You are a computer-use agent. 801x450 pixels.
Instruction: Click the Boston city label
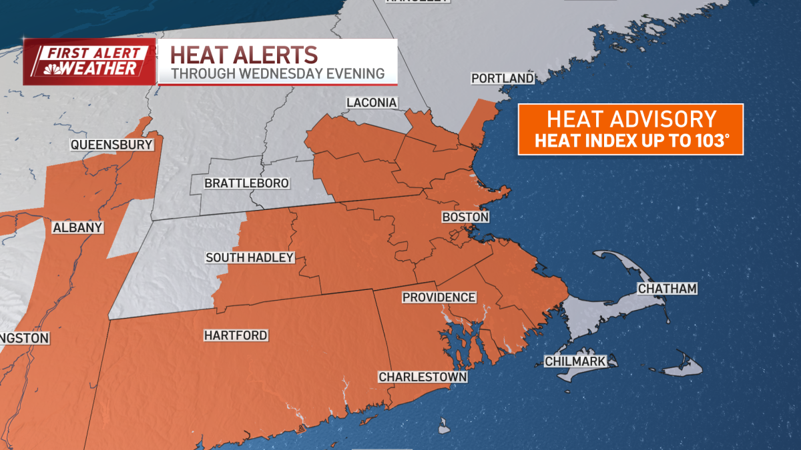tap(465, 217)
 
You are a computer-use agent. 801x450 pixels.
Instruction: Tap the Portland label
tap(502, 79)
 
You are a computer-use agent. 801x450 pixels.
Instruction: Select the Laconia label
tap(372, 103)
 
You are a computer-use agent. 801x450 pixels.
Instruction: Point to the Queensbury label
tap(112, 145)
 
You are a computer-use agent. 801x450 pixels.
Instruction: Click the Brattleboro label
tap(246, 183)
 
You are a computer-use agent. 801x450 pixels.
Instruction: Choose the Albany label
tap(77, 228)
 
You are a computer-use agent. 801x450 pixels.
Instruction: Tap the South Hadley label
tap(250, 257)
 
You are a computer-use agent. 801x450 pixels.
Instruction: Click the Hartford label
tap(236, 335)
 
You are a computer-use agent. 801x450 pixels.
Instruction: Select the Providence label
tap(439, 297)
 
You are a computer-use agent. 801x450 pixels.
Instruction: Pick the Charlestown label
tap(423, 377)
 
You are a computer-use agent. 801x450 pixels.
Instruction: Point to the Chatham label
tap(667, 289)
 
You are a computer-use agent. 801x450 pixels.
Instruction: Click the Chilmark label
tap(575, 361)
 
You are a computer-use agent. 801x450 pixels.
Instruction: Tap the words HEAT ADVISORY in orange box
tap(631, 119)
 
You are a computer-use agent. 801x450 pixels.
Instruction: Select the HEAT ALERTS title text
tap(243, 53)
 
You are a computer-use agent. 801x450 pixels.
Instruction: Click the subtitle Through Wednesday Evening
tap(278, 74)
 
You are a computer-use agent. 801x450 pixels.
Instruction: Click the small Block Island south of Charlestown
tap(443, 425)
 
